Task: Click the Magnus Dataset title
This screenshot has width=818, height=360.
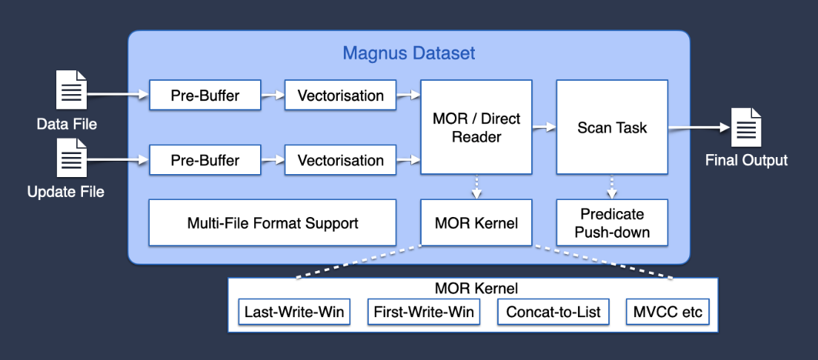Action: pyautogui.click(x=408, y=53)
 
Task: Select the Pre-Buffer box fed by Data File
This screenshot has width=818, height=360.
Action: pyautogui.click(x=205, y=96)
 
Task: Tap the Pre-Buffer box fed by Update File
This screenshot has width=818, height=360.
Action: pyautogui.click(x=205, y=160)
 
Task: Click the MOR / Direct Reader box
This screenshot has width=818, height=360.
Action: pyautogui.click(x=476, y=127)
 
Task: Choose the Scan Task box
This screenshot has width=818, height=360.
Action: pyautogui.click(x=612, y=127)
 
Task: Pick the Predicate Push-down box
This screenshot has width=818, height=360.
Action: pyautogui.click(x=612, y=223)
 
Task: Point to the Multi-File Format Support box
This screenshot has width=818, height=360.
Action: pyautogui.click(x=273, y=223)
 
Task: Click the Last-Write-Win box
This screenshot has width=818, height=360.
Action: pyautogui.click(x=294, y=312)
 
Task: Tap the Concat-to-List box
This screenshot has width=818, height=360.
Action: pyautogui.click(x=553, y=312)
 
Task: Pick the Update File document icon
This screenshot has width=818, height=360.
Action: pyautogui.click(x=72, y=158)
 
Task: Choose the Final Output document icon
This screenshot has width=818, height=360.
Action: pyautogui.click(x=746, y=127)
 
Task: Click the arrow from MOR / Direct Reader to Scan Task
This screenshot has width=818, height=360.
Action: pyautogui.click(x=544, y=127)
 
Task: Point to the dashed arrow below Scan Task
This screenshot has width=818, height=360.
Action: pyautogui.click(x=612, y=187)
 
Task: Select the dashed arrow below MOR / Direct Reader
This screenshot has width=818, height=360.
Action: pyautogui.click(x=476, y=187)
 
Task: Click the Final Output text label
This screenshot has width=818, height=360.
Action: pyautogui.click(x=746, y=161)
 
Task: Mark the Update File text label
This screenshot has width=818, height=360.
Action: pyautogui.click(x=66, y=192)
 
